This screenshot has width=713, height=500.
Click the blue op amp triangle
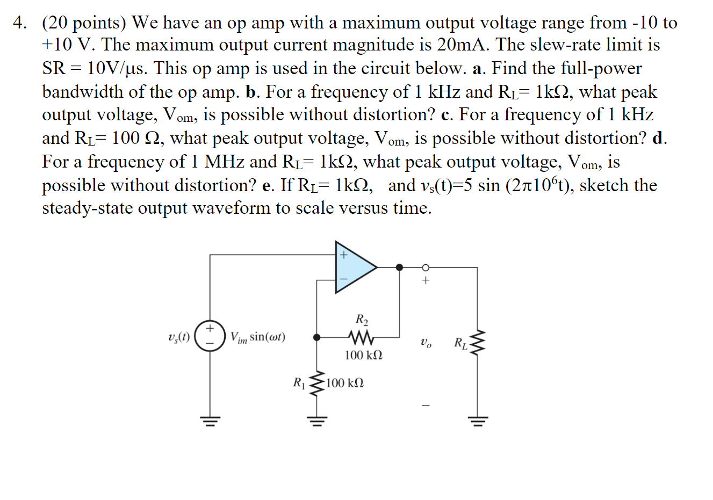(x=352, y=267)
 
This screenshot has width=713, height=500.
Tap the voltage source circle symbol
(x=210, y=336)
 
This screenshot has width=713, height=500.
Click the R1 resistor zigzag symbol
(x=317, y=383)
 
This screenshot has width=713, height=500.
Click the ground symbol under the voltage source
(x=210, y=421)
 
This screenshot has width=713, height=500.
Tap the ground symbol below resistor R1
(x=317, y=421)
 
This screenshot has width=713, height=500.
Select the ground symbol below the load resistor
(x=478, y=421)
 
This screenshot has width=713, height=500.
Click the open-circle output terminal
(x=425, y=267)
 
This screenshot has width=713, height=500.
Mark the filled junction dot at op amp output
(x=399, y=267)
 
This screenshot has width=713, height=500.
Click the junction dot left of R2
(x=317, y=337)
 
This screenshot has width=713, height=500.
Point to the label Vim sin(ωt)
(x=258, y=337)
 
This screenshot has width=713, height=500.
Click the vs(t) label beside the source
(x=179, y=337)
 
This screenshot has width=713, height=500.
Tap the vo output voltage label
(x=426, y=342)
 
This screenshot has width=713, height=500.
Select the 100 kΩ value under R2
(x=364, y=355)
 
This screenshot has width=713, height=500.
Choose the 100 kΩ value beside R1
(x=345, y=383)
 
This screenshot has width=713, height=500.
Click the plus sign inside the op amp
(x=343, y=255)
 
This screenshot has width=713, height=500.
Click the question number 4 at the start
(x=20, y=23)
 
